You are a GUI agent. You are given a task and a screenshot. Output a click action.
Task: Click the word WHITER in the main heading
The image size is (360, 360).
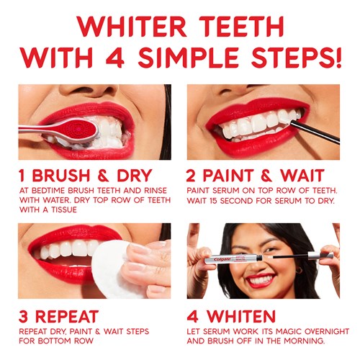[132, 27]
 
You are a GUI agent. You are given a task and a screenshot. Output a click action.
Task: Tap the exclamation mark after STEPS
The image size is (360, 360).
[338, 57]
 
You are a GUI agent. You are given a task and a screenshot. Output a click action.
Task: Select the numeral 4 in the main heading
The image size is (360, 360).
[115, 58]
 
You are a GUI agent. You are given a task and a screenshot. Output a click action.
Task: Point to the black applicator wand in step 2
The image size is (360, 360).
[315, 132]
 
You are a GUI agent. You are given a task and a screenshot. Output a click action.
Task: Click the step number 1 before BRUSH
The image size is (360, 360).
[22, 176]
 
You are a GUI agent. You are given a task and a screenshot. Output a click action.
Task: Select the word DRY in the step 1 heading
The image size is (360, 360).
[135, 176]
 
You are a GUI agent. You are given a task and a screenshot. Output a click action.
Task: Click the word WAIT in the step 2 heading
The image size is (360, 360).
[302, 176]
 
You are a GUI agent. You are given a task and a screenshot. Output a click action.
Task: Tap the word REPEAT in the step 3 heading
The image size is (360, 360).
[67, 316]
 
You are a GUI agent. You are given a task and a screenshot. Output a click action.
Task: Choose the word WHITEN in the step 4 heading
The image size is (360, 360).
[241, 316]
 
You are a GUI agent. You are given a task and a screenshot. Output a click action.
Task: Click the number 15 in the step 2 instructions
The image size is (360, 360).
[212, 201]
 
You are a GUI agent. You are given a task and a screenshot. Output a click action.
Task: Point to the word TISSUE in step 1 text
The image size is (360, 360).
[64, 210]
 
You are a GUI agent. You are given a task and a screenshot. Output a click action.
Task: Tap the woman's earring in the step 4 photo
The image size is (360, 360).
[299, 271]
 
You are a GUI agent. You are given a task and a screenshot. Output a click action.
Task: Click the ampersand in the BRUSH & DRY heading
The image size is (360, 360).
[103, 176]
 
